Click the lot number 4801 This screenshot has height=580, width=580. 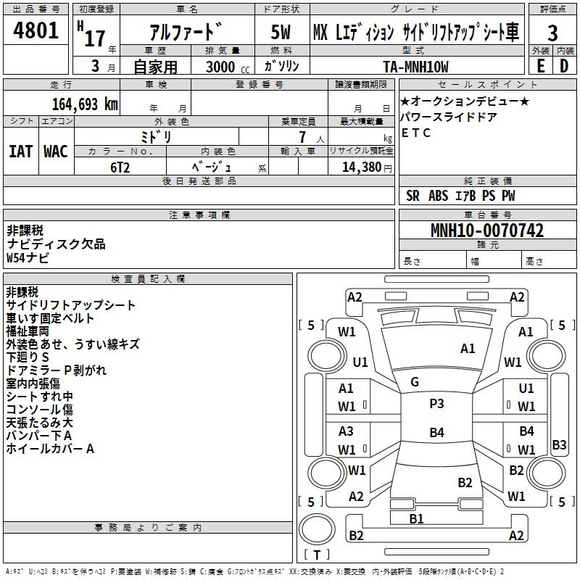click(36, 30)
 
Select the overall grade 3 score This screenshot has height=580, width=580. click(552, 33)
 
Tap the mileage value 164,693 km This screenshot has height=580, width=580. click(85, 104)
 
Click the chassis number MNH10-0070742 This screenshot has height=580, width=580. click(487, 231)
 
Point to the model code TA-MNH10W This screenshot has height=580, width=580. click(415, 67)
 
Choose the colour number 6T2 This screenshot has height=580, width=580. click(120, 167)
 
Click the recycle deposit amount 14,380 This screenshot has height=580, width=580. click(362, 167)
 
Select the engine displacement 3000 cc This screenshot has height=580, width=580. click(228, 67)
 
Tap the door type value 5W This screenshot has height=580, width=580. click(281, 32)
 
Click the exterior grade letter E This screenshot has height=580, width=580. click(540, 66)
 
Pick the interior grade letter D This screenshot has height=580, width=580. click(564, 66)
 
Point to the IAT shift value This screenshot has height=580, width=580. click(21, 152)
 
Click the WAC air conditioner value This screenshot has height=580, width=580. click(56, 152)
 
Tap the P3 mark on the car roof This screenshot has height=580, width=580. click(436, 404)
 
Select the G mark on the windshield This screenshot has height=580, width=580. click(415, 382)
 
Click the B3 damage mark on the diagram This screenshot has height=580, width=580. click(559, 444)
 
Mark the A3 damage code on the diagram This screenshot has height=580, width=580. click(346, 431)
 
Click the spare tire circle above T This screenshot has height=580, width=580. click(317, 530)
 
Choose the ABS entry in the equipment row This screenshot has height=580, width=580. click(438, 196)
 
